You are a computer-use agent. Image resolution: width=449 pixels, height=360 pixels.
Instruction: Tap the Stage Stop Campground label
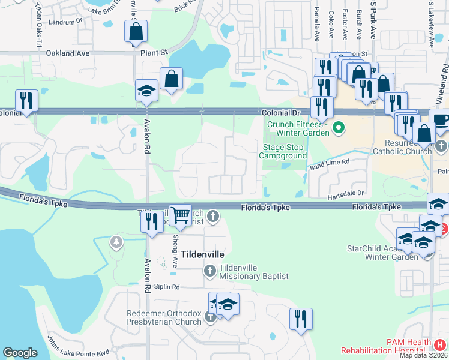[283, 151]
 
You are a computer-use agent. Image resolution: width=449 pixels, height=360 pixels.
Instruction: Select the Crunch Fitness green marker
[338, 128]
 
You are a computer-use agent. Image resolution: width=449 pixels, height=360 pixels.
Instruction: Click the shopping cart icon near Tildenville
[180, 215]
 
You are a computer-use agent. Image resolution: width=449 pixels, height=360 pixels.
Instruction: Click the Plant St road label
[155, 53]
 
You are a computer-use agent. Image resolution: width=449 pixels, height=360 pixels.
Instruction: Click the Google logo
[20, 353]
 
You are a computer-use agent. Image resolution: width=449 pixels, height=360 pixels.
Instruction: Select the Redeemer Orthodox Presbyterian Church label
[163, 317]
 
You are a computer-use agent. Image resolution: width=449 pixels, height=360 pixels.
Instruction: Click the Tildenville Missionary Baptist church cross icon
[210, 271]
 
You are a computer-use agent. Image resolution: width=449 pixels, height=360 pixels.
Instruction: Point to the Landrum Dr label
[65, 21]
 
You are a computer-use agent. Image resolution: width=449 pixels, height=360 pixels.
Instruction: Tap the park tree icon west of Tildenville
[116, 242]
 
